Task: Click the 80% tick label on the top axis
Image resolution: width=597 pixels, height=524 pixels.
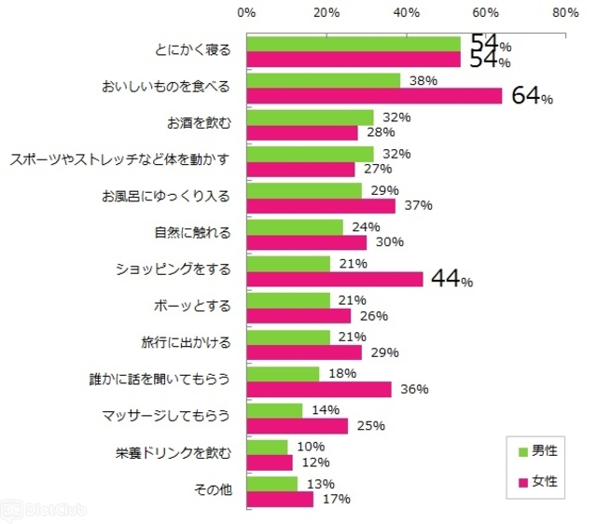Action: pyautogui.click(x=565, y=13)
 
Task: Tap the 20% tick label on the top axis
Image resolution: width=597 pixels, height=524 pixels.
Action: pyautogui.click(x=326, y=13)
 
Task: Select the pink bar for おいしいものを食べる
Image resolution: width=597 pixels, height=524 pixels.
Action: pyautogui.click(x=374, y=96)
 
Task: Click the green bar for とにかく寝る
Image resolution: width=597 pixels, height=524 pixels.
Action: pyautogui.click(x=354, y=45)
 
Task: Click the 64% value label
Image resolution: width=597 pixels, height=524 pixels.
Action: pyautogui.click(x=532, y=96)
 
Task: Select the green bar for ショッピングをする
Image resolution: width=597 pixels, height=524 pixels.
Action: pyautogui.click(x=288, y=264)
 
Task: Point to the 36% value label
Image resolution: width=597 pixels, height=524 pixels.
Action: pyautogui.click(x=413, y=389)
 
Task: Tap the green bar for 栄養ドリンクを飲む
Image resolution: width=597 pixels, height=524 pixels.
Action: pyautogui.click(x=267, y=448)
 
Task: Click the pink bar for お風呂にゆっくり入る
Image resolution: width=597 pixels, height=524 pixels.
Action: pyautogui.click(x=321, y=205)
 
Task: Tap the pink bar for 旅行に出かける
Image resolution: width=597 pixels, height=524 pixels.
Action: pyautogui.click(x=304, y=352)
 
